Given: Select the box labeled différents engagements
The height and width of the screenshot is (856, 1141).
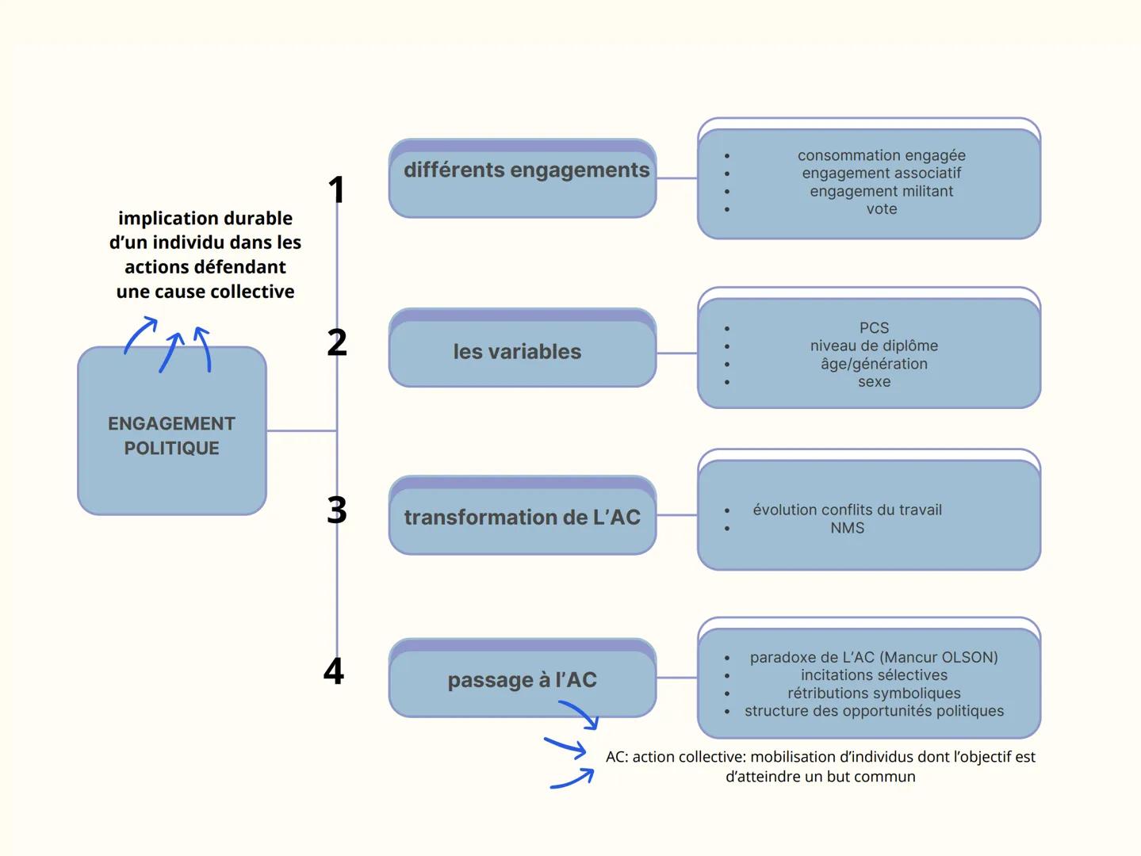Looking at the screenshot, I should pos(523,179).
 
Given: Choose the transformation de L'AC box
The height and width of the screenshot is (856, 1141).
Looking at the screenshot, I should pos(523,517).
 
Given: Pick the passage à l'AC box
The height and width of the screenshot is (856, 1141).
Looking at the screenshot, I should pos(523,679).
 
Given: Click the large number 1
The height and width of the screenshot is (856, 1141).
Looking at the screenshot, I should pos(337,190).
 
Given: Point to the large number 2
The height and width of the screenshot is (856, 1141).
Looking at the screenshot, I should pos(337,342).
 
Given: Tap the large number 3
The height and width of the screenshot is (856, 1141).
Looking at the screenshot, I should pos(337,510).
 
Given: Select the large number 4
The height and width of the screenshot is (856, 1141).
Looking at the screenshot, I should pos(334,671).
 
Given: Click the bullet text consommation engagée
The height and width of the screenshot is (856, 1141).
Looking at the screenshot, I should pos(881,155).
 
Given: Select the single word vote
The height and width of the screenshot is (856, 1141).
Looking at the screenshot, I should pos(881,209).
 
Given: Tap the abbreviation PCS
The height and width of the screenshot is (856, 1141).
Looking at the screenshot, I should pos(874,327).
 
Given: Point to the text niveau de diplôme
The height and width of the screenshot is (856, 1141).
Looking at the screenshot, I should pos(874,346).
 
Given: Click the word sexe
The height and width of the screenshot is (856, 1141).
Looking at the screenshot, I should pos(874,382).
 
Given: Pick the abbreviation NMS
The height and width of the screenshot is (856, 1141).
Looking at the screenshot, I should pos(847,528).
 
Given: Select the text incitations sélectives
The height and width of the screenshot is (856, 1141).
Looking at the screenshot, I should pos(874,675).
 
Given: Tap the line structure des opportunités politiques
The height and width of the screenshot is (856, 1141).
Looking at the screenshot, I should pos(874,711).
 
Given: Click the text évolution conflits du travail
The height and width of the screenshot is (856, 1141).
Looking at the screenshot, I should pos(847,510).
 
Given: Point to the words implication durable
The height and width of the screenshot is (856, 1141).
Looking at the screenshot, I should pos(205,218).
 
